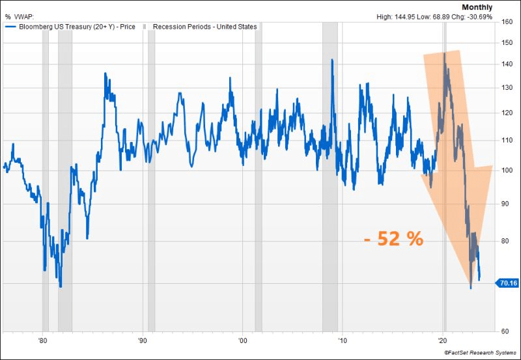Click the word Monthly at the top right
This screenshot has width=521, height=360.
pos(477,7)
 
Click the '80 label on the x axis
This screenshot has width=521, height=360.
pos(42,340)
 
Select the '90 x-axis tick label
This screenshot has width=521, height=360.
pos(142,340)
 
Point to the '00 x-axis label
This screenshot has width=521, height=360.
pos(242,340)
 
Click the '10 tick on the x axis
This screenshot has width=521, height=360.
pos(342,340)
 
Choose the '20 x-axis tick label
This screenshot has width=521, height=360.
pos(442,340)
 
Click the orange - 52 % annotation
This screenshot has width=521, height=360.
pos(393,239)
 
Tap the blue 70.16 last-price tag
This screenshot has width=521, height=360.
pos(507,283)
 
